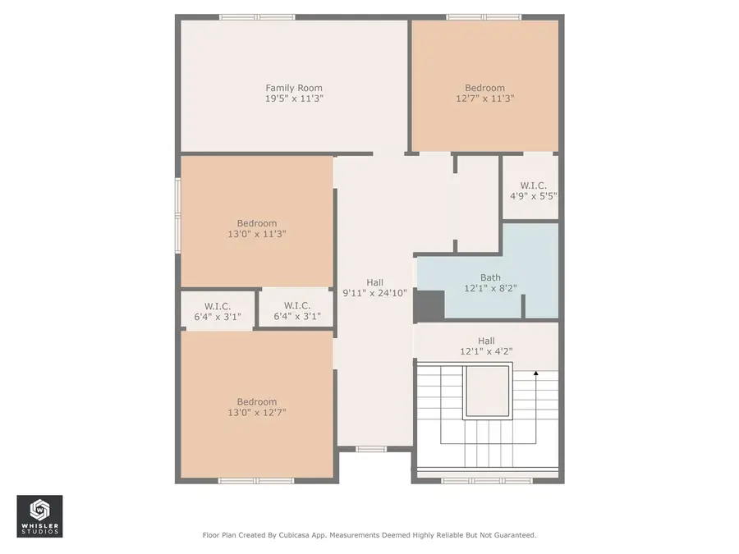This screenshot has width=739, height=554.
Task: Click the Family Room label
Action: [x=293, y=88]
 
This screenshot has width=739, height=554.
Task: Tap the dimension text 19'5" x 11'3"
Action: [x=293, y=98]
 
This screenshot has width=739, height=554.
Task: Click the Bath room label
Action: [x=489, y=277]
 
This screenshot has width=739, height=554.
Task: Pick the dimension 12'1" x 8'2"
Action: [x=489, y=288]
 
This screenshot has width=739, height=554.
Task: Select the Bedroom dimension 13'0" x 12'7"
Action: [x=256, y=413]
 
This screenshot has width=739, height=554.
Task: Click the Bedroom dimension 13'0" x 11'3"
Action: [x=256, y=234]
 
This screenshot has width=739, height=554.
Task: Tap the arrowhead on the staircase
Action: [x=535, y=374]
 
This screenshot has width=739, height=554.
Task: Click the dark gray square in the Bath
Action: [x=429, y=305]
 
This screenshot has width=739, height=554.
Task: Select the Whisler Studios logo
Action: [x=39, y=515]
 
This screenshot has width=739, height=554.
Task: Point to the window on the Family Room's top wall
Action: [x=256, y=16]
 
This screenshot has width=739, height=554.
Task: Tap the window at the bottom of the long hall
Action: [x=371, y=448]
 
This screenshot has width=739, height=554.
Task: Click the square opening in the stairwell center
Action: [x=486, y=392]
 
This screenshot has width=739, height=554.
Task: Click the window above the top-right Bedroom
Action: [x=484, y=16]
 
